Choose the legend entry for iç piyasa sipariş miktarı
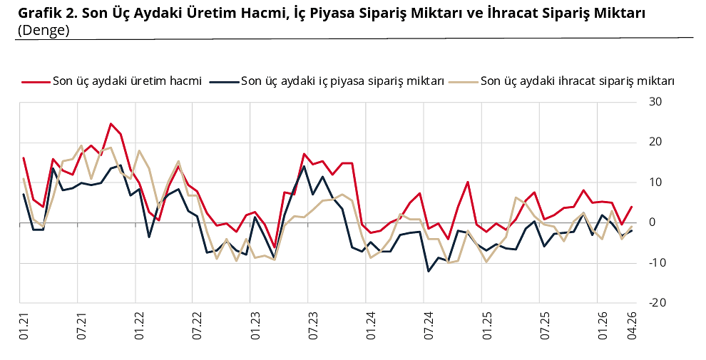343,81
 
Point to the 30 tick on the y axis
656,102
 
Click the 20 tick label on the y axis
656,142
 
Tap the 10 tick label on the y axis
656,182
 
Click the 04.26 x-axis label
632,325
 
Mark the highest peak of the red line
111,123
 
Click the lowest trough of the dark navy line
429,271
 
